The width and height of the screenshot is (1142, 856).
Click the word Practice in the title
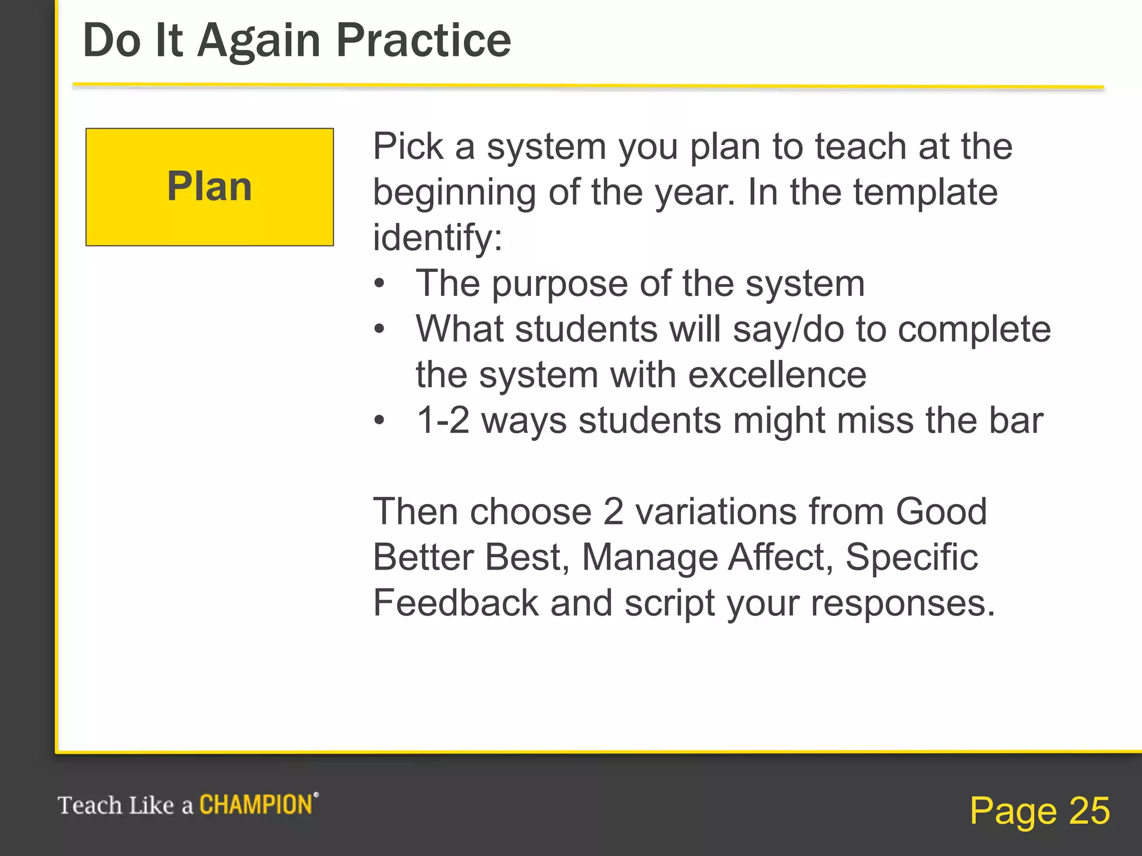pyautogui.click(x=423, y=41)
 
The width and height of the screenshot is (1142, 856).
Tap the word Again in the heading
pyautogui.click(x=259, y=41)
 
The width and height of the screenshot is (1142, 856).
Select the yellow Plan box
pyautogui.click(x=210, y=187)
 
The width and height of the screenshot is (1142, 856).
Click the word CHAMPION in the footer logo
pyautogui.click(x=257, y=805)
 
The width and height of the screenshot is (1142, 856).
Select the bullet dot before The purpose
pyautogui.click(x=379, y=284)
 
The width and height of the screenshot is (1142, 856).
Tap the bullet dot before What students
pyautogui.click(x=379, y=329)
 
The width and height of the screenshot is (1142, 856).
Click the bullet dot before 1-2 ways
pyautogui.click(x=379, y=420)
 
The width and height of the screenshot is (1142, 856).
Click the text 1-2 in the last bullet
pyautogui.click(x=443, y=420)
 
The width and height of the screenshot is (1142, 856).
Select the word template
pyautogui.click(x=926, y=192)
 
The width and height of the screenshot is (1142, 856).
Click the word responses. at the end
pyautogui.click(x=903, y=603)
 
